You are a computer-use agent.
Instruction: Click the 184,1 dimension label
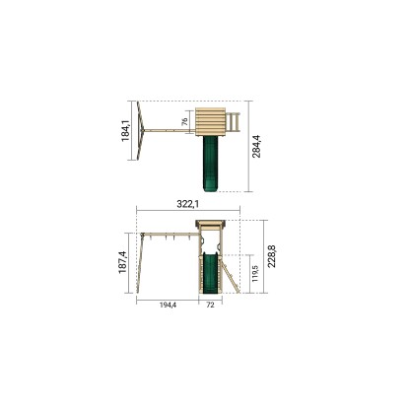(x=126, y=131)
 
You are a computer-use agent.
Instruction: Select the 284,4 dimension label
(x=256, y=146)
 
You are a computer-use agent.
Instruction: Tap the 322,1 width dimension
(x=188, y=204)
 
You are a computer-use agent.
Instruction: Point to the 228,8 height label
(x=272, y=256)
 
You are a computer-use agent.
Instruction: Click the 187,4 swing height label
(x=122, y=262)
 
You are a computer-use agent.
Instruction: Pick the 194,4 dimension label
(x=168, y=306)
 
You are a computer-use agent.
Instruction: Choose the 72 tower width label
(x=210, y=306)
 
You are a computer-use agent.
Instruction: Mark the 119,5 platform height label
(x=256, y=273)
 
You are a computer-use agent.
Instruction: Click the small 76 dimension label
(x=185, y=121)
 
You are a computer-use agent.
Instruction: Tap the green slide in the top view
(x=210, y=164)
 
